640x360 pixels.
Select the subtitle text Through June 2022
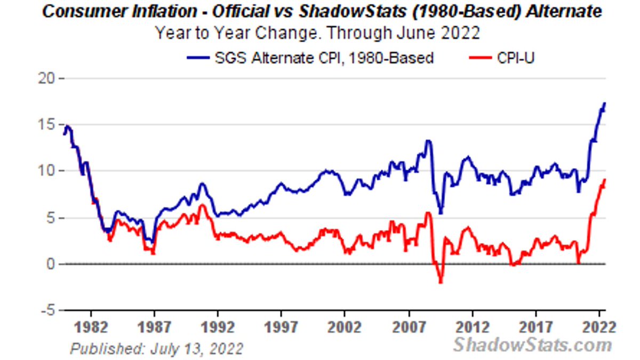tap(403, 33)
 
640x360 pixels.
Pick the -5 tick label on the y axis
tap(49, 310)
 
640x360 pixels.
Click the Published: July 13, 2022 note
tap(156, 349)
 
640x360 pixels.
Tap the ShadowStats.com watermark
tap(532, 345)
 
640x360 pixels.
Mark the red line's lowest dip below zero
tap(441, 282)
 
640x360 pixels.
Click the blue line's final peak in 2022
tap(604, 103)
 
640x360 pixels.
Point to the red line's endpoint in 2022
tap(605, 180)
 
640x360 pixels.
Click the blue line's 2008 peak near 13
tap(428, 141)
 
